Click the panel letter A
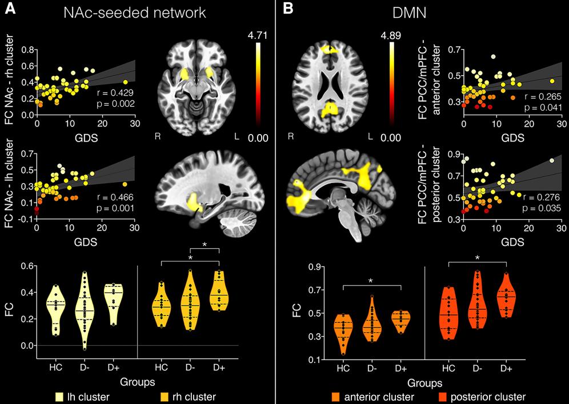(x=9, y=9)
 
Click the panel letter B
(x=287, y=9)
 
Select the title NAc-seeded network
(x=135, y=13)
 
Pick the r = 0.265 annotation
(x=543, y=97)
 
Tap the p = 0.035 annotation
(x=542, y=208)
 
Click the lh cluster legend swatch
(x=61, y=397)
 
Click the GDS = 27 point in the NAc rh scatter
(x=126, y=82)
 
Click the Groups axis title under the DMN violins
(x=424, y=383)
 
